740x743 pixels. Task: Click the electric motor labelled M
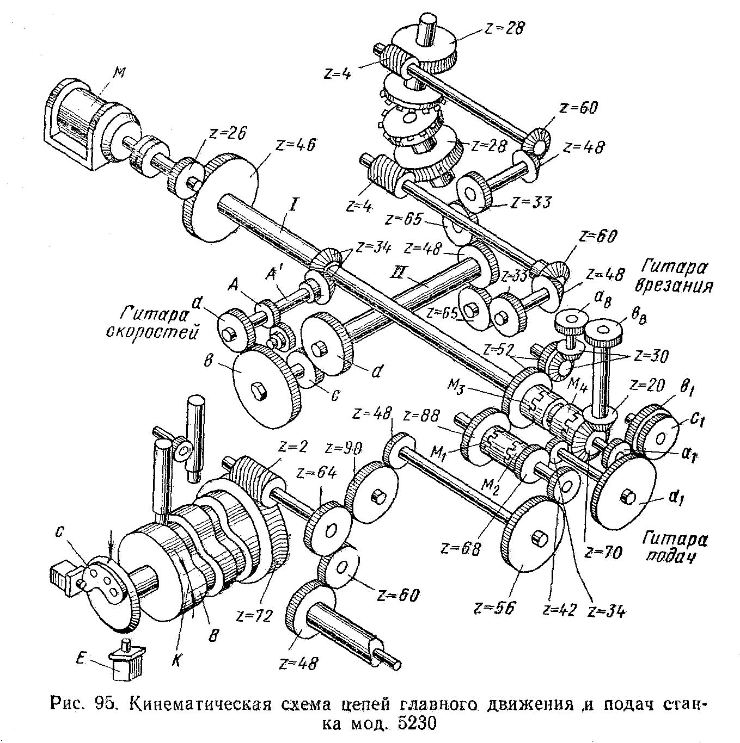point(82,128)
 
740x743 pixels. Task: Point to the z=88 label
point(422,416)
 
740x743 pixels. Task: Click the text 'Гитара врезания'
point(677,276)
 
